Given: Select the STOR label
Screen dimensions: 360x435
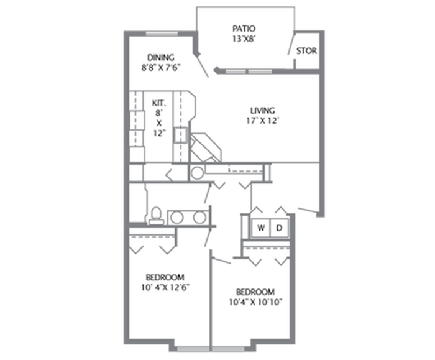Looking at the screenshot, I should point(306,51).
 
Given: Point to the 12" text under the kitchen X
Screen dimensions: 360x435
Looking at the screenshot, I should point(159,133).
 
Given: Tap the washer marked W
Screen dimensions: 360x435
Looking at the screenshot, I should point(261,228).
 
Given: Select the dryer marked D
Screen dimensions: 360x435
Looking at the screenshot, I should point(279,228).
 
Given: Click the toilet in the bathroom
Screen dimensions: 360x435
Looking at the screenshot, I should point(157,215).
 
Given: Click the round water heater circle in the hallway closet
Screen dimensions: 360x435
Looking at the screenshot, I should point(197,173).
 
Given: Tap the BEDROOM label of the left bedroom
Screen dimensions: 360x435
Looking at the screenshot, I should point(165,277).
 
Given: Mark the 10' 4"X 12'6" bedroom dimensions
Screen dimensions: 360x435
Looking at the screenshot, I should point(165,287).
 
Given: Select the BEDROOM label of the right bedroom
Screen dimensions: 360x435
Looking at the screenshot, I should point(255,292).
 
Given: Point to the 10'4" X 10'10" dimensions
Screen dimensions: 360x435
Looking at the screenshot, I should point(255,303).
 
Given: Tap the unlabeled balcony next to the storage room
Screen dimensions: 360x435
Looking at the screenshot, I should point(244,37).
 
